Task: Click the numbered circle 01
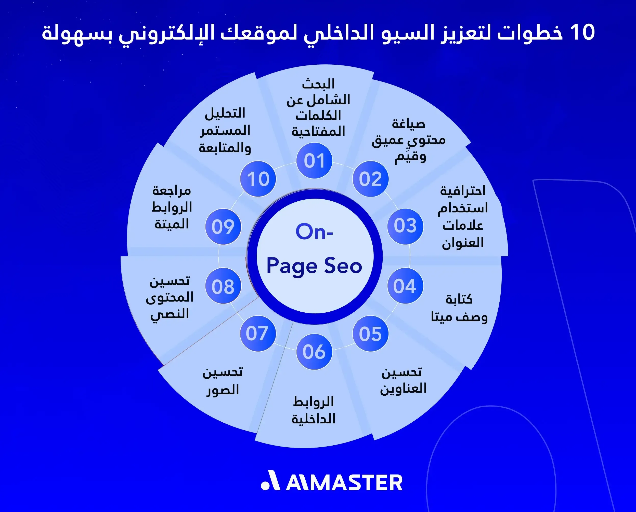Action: [x=314, y=161]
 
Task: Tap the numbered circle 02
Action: [x=370, y=179]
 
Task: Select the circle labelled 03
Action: [x=405, y=226]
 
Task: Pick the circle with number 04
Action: [x=405, y=286]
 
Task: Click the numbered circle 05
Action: [x=370, y=334]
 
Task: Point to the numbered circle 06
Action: [x=314, y=352]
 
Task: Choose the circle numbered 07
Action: [x=258, y=334]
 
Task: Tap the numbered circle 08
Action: [x=223, y=286]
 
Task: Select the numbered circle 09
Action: [x=223, y=226]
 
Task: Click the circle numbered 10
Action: [x=258, y=179]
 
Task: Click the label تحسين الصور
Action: [x=223, y=381]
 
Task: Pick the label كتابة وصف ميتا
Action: [x=459, y=308]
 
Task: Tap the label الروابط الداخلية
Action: [x=313, y=410]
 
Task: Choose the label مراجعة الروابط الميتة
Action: [x=172, y=207]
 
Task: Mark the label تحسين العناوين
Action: [x=403, y=380]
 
